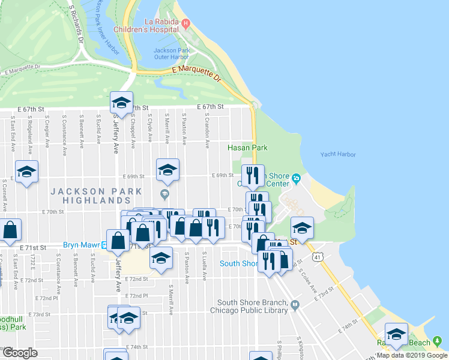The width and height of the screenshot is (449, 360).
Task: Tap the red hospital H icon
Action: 185,24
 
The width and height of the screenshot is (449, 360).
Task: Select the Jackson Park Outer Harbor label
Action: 174,54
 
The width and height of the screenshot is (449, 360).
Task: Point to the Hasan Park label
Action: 247,148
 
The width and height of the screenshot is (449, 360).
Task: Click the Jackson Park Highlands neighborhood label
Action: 96,196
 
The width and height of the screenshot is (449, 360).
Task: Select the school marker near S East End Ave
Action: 27,173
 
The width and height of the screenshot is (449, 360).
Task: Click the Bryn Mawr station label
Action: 80,245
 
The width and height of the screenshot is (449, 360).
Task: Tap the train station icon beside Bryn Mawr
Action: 104,245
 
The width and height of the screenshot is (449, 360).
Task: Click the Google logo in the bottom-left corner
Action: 20,353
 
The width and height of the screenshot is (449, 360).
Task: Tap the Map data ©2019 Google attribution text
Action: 412,355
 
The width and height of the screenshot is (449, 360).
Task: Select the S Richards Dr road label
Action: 76,25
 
